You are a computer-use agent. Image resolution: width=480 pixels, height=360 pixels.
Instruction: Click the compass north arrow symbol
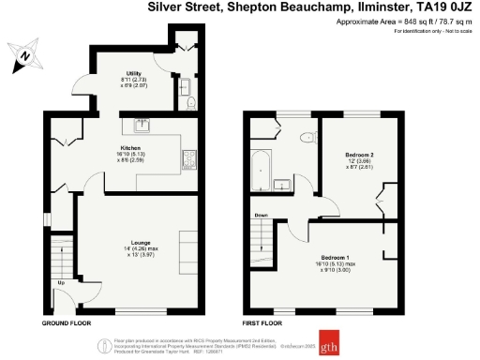pyautogui.click(x=22, y=56)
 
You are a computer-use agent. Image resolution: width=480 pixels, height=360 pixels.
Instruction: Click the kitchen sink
pyautogui.click(x=142, y=123)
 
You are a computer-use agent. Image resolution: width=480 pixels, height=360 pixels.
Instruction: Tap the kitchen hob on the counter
pyautogui.click(x=187, y=158)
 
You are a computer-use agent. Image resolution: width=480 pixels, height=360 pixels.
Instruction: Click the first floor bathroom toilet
pyautogui.click(x=306, y=138)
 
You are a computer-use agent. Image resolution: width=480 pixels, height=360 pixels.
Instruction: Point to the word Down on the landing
pyautogui.click(x=261, y=215)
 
